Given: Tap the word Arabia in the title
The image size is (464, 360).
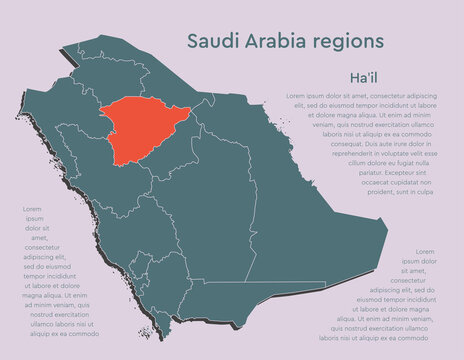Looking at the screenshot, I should (x=272, y=41).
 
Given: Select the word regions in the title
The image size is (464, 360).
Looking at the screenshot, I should (x=346, y=43).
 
